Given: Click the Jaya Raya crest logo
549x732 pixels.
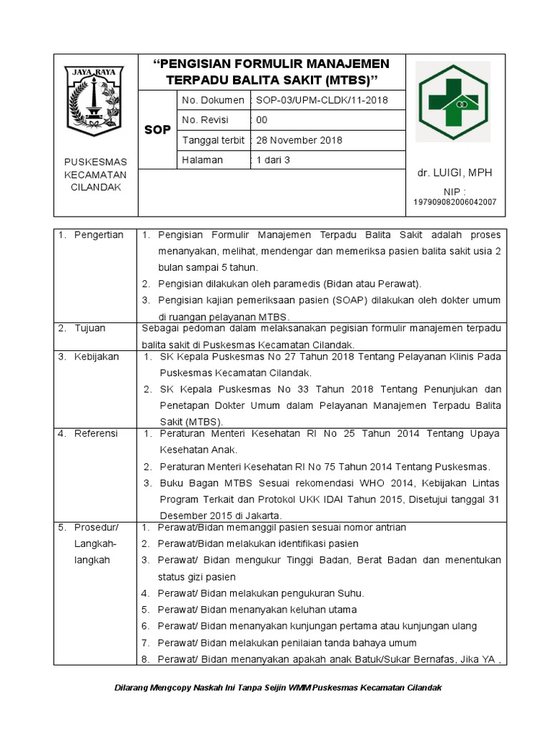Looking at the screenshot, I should click(x=94, y=101).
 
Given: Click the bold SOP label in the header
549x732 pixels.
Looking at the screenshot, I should click(x=157, y=130).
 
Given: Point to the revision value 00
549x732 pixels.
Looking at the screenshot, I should click(x=262, y=120).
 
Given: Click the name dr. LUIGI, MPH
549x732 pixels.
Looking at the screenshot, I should click(x=455, y=173).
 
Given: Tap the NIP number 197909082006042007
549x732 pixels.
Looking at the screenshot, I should click(x=455, y=202).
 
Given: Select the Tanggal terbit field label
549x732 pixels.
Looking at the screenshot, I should click(x=213, y=140).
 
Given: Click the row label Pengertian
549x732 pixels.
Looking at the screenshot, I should click(x=99, y=234).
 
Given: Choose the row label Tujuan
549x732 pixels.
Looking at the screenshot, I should click(x=90, y=328).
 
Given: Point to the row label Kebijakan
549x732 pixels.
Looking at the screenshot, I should click(x=97, y=356).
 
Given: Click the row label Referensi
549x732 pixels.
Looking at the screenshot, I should click(x=97, y=433).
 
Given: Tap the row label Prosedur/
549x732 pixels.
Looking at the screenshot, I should click(x=97, y=528).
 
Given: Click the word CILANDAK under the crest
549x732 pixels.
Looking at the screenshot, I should click(x=95, y=187).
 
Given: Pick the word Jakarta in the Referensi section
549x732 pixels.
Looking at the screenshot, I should click(x=264, y=515).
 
